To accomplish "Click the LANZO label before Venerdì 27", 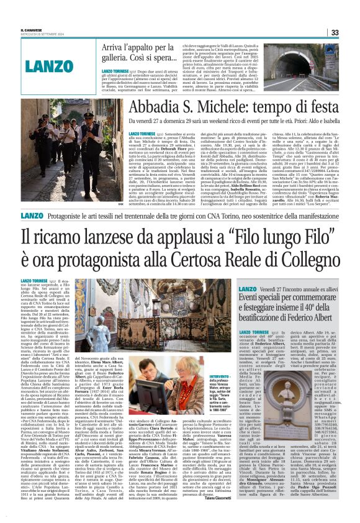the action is [x=247, y=289].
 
